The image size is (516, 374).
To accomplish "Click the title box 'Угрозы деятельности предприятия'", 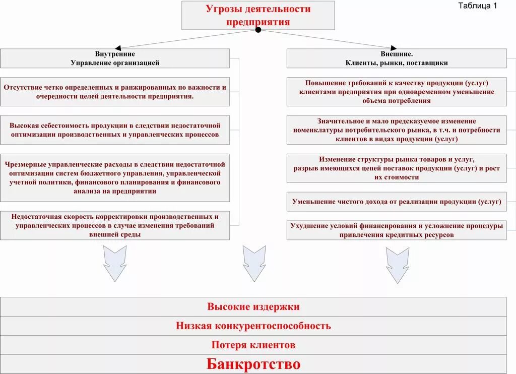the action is pyautogui.click(x=258, y=15).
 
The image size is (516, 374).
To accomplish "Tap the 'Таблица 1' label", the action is pyautogui.click(x=477, y=6).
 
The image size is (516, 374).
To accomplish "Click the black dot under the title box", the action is pyautogui.click(x=258, y=30).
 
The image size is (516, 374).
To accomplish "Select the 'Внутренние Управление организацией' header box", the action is pyautogui.click(x=115, y=58).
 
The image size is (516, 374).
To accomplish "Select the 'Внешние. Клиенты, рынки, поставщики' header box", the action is pyautogui.click(x=397, y=58).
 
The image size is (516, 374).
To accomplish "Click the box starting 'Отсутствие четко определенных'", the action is pyautogui.click(x=115, y=92).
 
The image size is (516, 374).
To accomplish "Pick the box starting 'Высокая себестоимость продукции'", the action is pyautogui.click(x=115, y=130).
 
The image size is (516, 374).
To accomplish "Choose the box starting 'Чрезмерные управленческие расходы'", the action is pyautogui.click(x=115, y=177).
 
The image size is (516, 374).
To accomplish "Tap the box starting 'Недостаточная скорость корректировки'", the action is pyautogui.click(x=115, y=225).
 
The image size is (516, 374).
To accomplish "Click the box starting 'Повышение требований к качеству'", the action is pyautogui.click(x=397, y=92).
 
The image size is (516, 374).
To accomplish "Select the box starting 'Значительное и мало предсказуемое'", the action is pyautogui.click(x=397, y=130).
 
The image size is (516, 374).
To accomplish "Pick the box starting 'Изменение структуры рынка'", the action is pyautogui.click(x=397, y=168).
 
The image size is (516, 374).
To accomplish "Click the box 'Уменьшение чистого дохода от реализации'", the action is pyautogui.click(x=397, y=202).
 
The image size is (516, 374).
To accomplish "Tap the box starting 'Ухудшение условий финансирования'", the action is pyautogui.click(x=397, y=230).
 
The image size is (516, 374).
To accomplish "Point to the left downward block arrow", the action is pyautogui.click(x=115, y=263).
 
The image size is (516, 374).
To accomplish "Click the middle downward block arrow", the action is pyautogui.click(x=253, y=263).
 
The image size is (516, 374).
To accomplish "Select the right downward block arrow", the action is pyautogui.click(x=397, y=263).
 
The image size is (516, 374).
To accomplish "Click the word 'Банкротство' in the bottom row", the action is pyautogui.click(x=253, y=364).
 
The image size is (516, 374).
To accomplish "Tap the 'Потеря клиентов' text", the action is pyautogui.click(x=253, y=345).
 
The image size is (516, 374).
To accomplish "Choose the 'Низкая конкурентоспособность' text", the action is pyautogui.click(x=253, y=326).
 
